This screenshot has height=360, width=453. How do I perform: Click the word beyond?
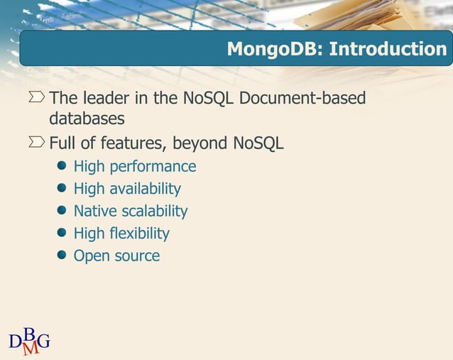202,144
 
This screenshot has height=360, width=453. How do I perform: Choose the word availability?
146,189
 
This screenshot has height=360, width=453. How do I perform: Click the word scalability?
154,211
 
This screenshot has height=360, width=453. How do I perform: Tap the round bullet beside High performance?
62,166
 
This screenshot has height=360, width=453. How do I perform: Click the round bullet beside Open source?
62,255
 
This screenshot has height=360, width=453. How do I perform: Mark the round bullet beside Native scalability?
62,210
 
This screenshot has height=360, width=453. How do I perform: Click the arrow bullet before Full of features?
37,143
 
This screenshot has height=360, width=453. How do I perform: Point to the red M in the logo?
31,348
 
